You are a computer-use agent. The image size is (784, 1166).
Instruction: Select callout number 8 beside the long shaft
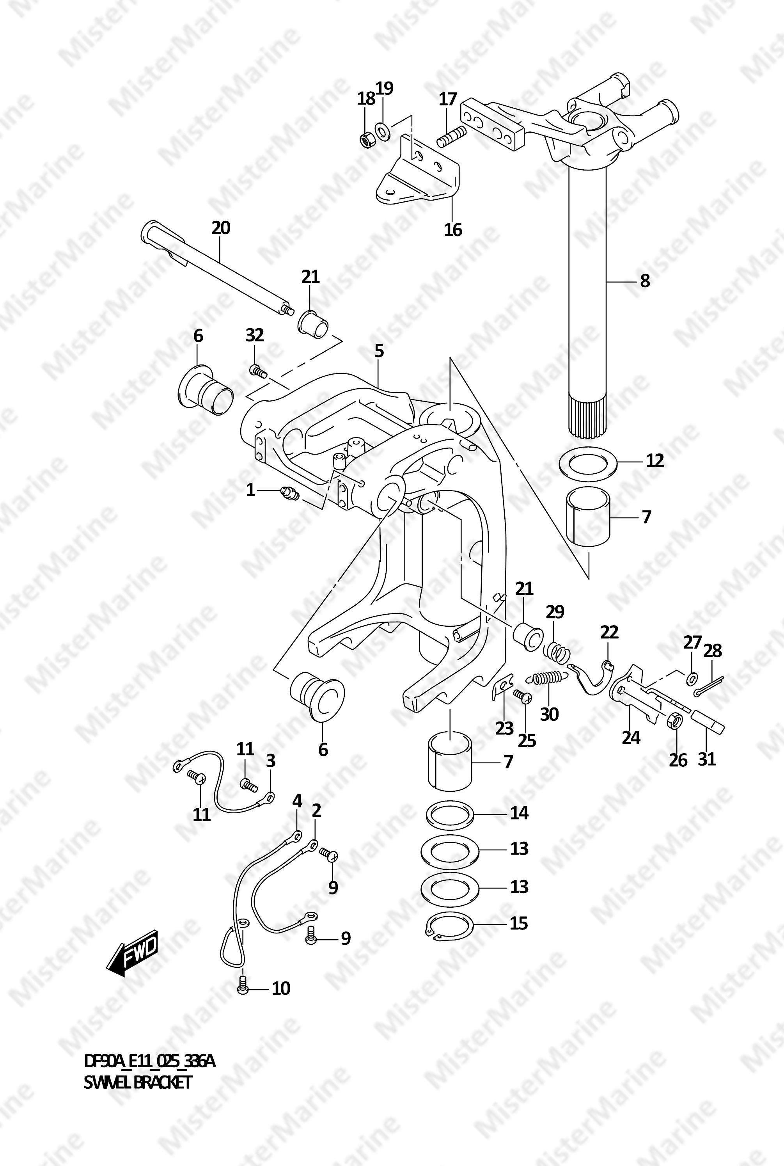click(645, 282)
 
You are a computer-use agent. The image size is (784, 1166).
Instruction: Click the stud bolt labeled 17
click(452, 137)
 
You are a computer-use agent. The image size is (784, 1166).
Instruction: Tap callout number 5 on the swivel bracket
click(379, 351)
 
